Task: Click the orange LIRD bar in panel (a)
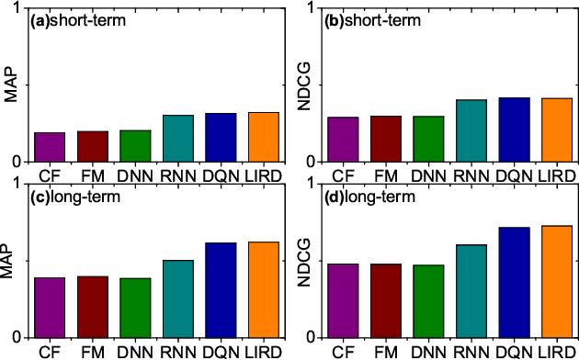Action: [x=263, y=137]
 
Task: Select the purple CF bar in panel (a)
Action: [x=50, y=147]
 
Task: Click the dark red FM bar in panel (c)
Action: [x=92, y=306]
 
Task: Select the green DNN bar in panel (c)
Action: [x=135, y=307]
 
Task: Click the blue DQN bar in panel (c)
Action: [x=221, y=289]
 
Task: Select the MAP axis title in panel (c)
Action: [x=10, y=260]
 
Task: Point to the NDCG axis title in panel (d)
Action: [x=312, y=260]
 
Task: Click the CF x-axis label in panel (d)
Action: [x=343, y=351]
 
